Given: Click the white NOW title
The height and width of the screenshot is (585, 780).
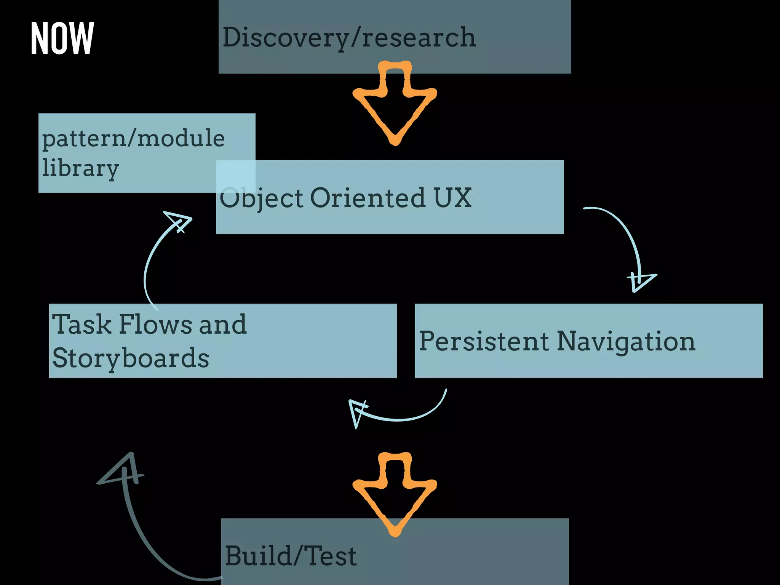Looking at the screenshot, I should [62, 38].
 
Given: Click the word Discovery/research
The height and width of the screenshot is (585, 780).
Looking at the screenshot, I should [349, 38].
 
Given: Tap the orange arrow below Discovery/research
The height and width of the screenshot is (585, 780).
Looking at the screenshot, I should [395, 103].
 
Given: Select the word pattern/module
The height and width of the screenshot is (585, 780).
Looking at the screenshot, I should [133, 139].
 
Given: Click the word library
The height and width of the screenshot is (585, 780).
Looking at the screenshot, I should [80, 168].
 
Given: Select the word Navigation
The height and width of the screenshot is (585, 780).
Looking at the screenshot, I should [626, 342].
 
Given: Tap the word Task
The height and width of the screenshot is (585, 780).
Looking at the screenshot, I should [82, 324].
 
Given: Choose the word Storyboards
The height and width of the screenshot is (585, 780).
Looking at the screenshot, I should [131, 358].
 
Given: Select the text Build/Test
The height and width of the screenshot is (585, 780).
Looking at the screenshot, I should [291, 556].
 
